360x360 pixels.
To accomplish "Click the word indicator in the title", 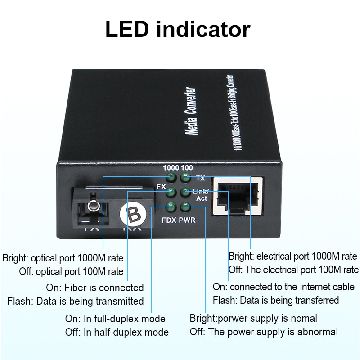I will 205,29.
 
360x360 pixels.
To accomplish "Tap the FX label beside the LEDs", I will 161,186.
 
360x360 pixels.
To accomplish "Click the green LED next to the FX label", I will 171,192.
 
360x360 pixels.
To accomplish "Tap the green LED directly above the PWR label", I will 184,207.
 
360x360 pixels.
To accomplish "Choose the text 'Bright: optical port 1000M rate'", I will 63,258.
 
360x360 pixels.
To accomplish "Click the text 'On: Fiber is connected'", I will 95,288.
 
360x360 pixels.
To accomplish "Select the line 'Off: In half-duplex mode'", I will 117,333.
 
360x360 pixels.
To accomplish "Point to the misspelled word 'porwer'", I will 232,319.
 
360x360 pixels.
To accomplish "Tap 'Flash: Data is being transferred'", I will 276,300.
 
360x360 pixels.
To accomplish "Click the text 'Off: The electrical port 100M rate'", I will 293,270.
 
